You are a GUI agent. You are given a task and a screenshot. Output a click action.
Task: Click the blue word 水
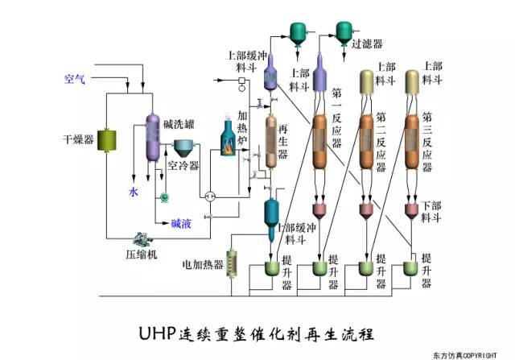tap(134, 192)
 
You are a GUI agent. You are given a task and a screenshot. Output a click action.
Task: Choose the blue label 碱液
tap(180, 223)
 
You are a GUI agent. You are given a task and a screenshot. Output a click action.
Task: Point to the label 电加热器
tap(203, 263)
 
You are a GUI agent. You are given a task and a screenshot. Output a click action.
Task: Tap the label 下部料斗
tap(431, 211)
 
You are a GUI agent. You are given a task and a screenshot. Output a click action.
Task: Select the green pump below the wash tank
tap(166, 197)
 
